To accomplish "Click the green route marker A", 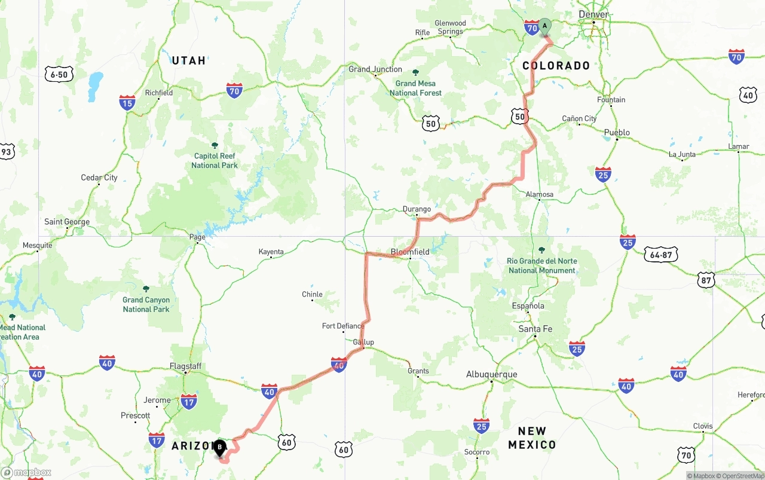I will (544, 26).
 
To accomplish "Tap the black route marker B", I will (219, 447).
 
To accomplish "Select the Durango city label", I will (417, 209).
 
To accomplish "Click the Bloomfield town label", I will (410, 252).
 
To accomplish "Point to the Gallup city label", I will (363, 342).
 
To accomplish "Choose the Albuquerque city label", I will (492, 375).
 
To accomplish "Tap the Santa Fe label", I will (535, 329).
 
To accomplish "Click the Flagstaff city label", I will (185, 366).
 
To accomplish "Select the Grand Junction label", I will (375, 69).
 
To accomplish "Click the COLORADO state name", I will (556, 66).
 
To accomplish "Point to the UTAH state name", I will (189, 60).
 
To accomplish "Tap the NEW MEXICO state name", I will (532, 438).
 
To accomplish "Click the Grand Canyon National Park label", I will (146, 304).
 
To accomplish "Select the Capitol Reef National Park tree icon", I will (215, 145).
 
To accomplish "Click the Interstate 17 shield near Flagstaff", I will (189, 402).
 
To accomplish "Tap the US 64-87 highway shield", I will (661, 255).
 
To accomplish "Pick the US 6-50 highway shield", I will (59, 74).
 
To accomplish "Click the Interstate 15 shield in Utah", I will (127, 103).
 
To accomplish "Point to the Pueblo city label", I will (617, 133).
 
